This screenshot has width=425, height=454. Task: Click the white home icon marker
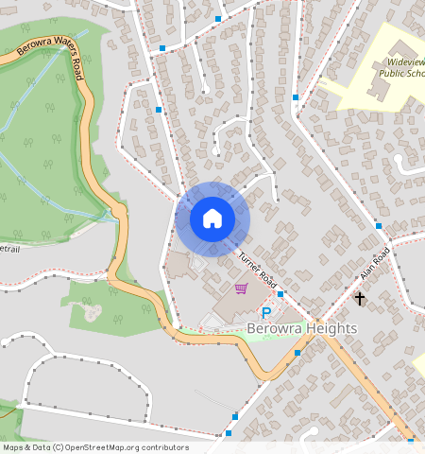point(212,218)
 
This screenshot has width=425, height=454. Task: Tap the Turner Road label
point(256,271)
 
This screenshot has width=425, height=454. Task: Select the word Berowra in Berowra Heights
point(272,328)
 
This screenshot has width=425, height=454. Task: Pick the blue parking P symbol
point(266,312)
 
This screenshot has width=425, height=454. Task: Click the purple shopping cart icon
point(241,288)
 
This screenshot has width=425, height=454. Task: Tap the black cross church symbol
point(359,299)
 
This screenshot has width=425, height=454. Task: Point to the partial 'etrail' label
point(9,249)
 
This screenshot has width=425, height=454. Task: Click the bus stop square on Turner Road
point(280,294)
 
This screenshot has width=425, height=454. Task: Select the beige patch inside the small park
point(92,311)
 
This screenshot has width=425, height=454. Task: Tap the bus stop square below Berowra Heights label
point(297,353)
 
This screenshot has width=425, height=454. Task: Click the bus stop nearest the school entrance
point(296,96)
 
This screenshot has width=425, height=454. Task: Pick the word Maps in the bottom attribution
point(13,447)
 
